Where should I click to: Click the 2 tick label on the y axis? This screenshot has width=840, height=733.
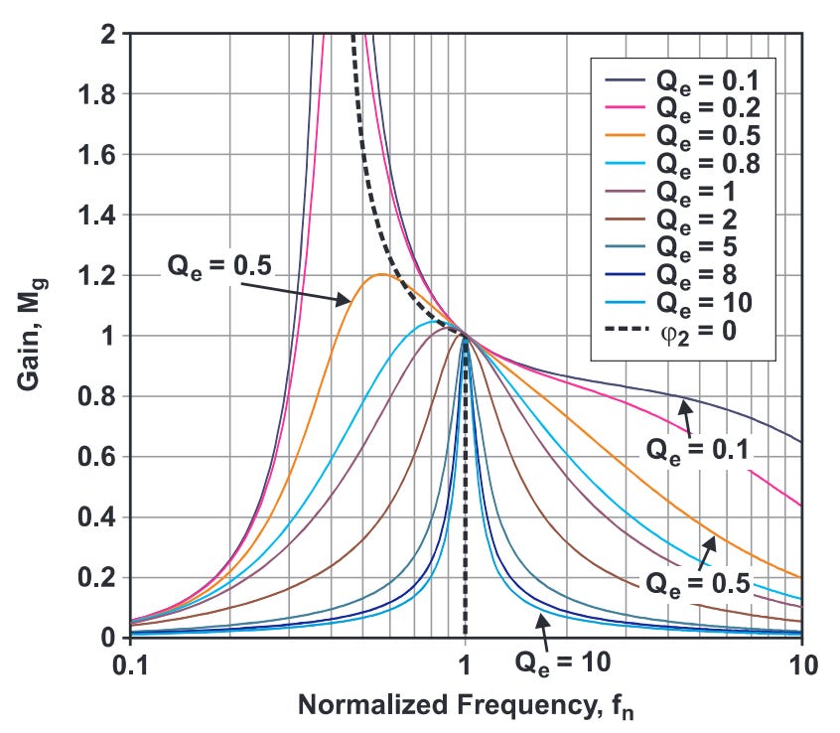[x=109, y=34]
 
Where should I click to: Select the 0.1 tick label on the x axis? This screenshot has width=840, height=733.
[x=130, y=664]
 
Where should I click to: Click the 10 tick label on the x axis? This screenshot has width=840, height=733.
[x=801, y=664]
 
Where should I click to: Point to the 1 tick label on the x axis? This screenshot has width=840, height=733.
[x=465, y=664]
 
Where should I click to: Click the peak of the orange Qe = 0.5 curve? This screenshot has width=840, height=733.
[x=380, y=275]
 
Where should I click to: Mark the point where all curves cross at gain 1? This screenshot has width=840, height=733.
[x=465, y=336]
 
